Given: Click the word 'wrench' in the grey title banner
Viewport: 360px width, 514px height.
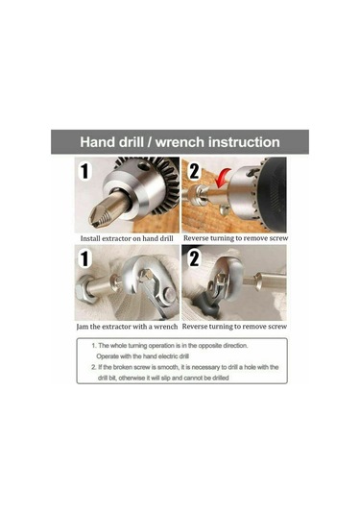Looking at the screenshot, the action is (x=180, y=142).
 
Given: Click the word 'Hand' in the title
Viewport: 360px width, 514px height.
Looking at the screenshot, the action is (x=98, y=142).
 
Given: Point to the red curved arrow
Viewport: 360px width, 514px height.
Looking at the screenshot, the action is (x=223, y=177).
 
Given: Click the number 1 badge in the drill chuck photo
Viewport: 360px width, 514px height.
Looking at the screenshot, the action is (x=84, y=171).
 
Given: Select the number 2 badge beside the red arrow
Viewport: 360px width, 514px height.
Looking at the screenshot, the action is (x=194, y=171).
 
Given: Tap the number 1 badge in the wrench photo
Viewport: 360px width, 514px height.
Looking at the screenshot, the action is (x=84, y=258).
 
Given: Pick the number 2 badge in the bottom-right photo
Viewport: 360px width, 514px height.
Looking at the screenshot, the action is (x=194, y=258).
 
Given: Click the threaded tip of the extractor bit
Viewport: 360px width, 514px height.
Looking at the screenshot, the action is (x=98, y=219).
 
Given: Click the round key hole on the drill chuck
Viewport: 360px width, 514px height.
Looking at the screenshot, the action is (x=144, y=167).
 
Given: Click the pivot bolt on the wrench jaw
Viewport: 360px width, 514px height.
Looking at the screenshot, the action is (x=169, y=294).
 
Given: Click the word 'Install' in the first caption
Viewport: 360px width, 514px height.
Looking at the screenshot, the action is (x=90, y=238).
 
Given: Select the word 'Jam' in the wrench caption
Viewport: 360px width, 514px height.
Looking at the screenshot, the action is (x=83, y=327).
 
